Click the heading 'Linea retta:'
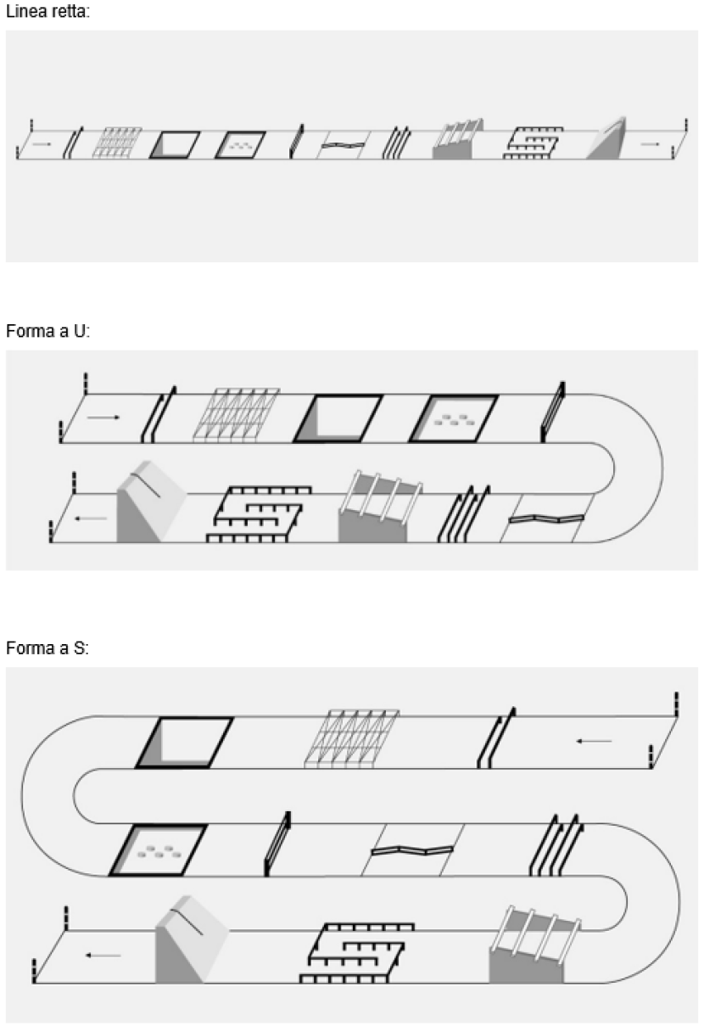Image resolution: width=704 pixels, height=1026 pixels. pyautogui.click(x=47, y=11)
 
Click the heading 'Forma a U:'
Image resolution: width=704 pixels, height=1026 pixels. pyautogui.click(x=47, y=331)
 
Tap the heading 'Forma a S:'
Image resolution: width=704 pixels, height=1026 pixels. pyautogui.click(x=47, y=648)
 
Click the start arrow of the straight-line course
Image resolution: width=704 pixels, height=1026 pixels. pyautogui.click(x=42, y=143)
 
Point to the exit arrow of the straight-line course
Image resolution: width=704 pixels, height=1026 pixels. pyautogui.click(x=650, y=143)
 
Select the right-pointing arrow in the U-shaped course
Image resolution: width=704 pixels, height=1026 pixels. pyautogui.click(x=103, y=418)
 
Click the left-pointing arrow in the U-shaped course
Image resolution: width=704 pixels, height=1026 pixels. pyautogui.click(x=91, y=519)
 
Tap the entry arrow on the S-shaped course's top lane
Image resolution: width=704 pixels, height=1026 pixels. pyautogui.click(x=594, y=741)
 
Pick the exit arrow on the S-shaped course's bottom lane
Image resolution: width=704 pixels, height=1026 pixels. pyautogui.click(x=103, y=955)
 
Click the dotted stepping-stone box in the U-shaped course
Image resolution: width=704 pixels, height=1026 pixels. pyautogui.click(x=453, y=418)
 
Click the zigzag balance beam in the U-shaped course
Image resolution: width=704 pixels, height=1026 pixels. pyautogui.click(x=546, y=519)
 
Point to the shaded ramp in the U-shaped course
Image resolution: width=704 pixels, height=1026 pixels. pyautogui.click(x=151, y=502)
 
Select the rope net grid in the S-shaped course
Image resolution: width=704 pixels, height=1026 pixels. pyautogui.click(x=351, y=738)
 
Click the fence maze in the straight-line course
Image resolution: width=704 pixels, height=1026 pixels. pyautogui.click(x=534, y=143)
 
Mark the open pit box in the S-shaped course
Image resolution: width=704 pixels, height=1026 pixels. pyautogui.click(x=184, y=743)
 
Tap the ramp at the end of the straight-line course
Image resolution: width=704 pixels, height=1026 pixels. pyautogui.click(x=607, y=139)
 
